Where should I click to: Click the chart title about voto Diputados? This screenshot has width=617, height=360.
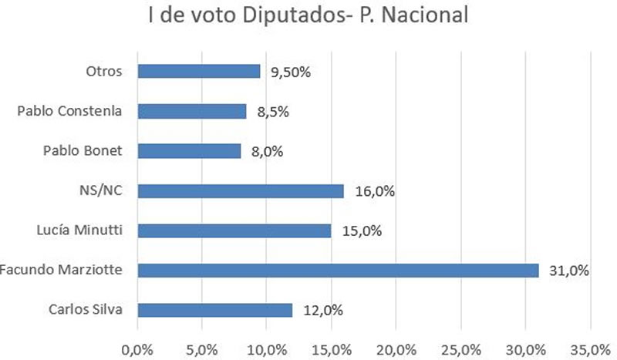(x=308, y=16)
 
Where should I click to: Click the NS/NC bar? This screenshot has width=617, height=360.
(x=241, y=190)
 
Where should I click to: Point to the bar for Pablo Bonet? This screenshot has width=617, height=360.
(x=189, y=151)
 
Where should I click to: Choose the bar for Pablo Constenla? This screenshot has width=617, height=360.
(x=192, y=111)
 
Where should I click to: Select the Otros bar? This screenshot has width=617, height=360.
(x=198, y=71)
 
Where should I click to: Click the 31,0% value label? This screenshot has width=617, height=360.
(x=568, y=271)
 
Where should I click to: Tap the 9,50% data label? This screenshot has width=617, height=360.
(x=292, y=72)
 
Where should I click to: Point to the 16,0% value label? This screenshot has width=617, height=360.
(x=374, y=191)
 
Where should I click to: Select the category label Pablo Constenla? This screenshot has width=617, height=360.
(x=69, y=111)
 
